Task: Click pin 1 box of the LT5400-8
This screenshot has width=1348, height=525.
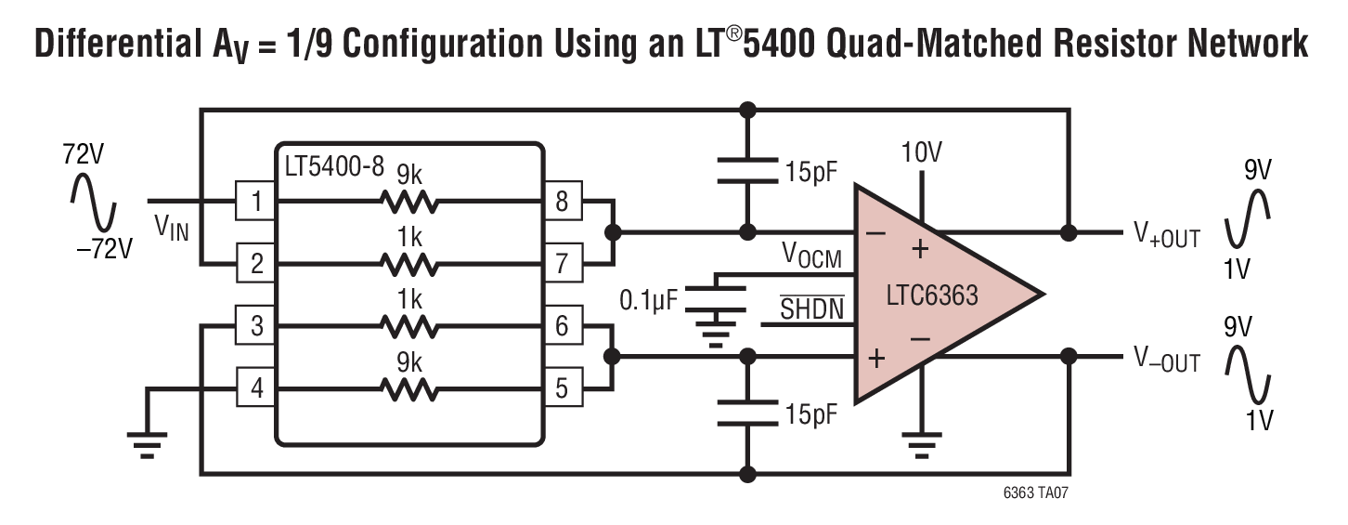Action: point(255,201)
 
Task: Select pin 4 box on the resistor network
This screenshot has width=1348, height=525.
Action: point(255,387)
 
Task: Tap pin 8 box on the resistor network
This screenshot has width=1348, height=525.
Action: point(563,201)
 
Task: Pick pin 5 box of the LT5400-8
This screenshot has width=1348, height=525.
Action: point(563,387)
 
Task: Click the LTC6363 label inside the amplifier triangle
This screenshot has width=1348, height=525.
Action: point(932,295)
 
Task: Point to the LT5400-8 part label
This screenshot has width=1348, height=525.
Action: point(334,166)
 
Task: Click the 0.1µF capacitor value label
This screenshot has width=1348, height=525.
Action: point(649,300)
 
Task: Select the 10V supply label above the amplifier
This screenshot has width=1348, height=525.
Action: point(921,152)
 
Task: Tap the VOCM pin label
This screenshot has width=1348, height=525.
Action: point(811,255)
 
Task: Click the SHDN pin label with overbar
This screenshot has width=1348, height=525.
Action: point(811,308)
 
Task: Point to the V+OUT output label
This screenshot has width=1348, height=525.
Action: point(1167,235)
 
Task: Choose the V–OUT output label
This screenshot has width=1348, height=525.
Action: point(1167,360)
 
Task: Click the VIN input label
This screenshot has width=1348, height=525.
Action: point(172,229)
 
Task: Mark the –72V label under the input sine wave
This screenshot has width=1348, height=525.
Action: point(104,249)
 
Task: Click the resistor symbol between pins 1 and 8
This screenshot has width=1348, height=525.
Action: point(409,203)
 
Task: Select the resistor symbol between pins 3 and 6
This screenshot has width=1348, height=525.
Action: point(409,327)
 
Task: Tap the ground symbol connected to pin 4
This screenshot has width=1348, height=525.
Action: point(147,445)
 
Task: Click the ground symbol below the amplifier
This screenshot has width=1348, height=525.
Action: point(921,445)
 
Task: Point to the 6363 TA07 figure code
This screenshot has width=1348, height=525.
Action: point(1036,492)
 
